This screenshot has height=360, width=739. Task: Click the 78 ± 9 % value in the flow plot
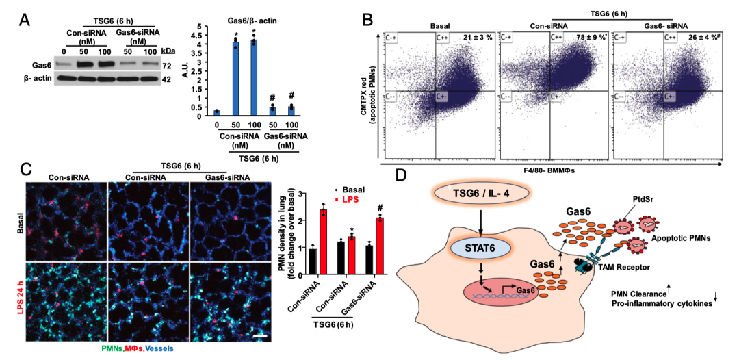coord(593,36)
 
